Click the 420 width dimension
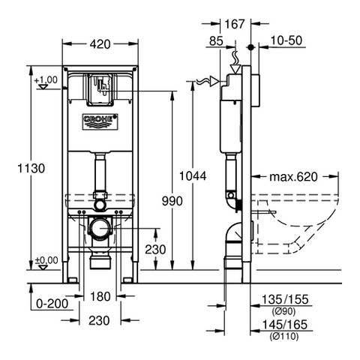pos(100,44)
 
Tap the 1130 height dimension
pos(31,168)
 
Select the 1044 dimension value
pos(193,176)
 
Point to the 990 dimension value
pos(172,201)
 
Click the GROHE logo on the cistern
pos(100,121)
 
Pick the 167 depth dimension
pos(235,24)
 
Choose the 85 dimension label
pos(216,41)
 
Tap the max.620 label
pos(293,177)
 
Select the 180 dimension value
pos(100,297)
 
